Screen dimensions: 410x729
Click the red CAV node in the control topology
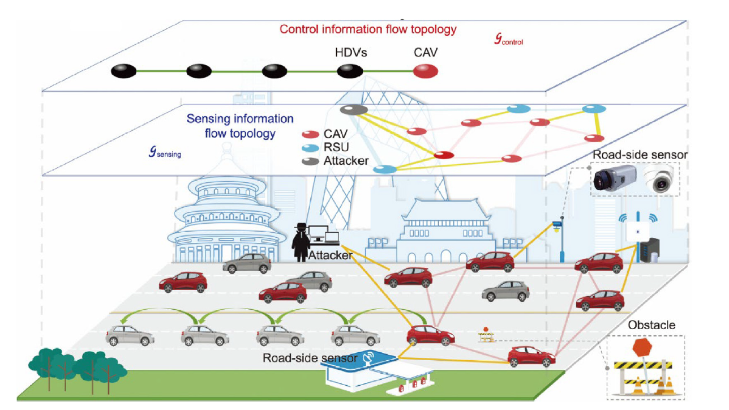pos(425,71)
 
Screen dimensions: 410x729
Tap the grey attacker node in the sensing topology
pos(354,109)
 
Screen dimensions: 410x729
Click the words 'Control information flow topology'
pos(368,29)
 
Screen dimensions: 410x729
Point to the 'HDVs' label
pos(351,53)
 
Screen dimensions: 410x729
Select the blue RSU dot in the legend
pos(310,148)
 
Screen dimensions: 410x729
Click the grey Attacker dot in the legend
pos(310,161)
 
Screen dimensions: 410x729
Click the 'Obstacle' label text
pos(651,325)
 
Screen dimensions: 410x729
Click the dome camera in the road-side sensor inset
pos(660,180)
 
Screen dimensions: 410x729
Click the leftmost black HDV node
pos(123,71)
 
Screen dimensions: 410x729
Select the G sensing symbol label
pos(165,152)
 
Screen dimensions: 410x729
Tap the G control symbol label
pos(508,40)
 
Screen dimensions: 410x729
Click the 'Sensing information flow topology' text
pos(240,126)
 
